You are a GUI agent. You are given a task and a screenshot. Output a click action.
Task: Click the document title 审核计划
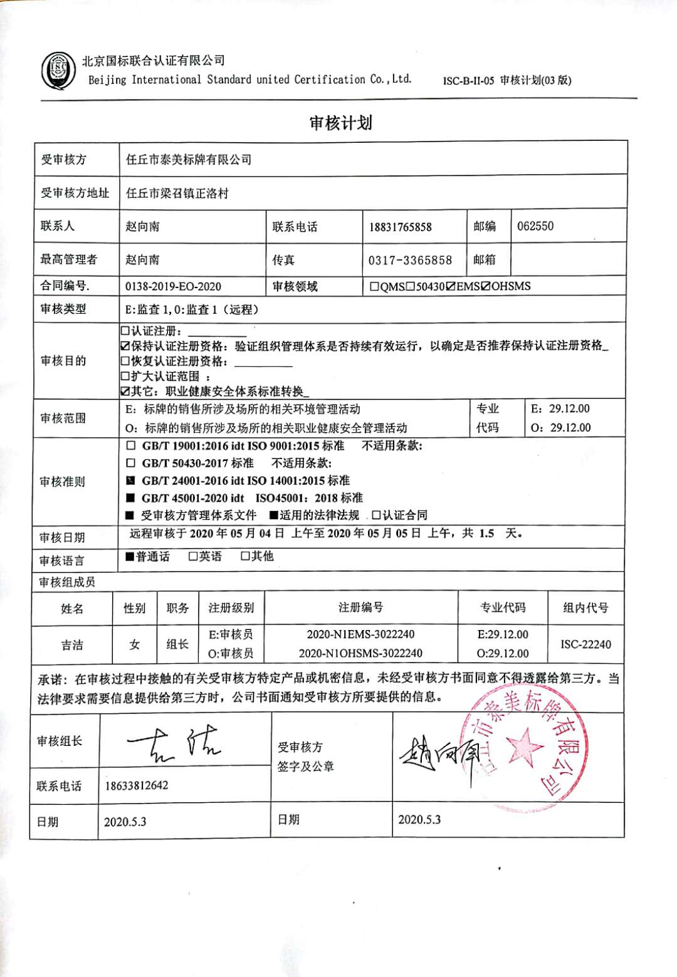(x=340, y=123)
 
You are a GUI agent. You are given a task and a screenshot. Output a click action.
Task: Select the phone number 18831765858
(x=400, y=227)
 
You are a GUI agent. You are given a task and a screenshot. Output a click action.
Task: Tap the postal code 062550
(x=535, y=226)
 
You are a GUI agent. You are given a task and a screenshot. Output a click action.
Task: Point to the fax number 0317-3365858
(x=410, y=260)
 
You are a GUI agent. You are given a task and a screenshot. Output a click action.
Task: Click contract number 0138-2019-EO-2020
(x=174, y=287)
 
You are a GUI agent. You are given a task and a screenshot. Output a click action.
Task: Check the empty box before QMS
(x=374, y=287)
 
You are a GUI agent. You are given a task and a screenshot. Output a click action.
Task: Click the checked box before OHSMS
(x=485, y=287)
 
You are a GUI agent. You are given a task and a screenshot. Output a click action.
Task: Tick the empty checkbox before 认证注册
(x=125, y=331)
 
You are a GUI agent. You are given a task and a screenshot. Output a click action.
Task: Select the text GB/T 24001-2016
(x=183, y=481)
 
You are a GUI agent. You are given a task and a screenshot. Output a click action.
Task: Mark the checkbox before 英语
(x=193, y=557)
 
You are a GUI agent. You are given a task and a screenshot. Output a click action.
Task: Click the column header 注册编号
(x=360, y=607)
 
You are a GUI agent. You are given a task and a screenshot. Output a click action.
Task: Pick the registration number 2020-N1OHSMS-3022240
(x=360, y=653)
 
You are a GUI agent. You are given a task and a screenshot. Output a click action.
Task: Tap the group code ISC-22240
(x=585, y=644)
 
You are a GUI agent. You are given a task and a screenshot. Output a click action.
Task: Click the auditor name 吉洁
(x=72, y=644)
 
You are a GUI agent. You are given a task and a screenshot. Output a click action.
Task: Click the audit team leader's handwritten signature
(x=176, y=742)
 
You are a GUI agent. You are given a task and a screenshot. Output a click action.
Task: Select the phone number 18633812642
(x=136, y=785)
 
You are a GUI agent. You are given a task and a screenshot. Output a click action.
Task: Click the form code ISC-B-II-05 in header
(x=468, y=81)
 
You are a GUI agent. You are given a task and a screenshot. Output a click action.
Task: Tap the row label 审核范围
(x=63, y=418)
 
